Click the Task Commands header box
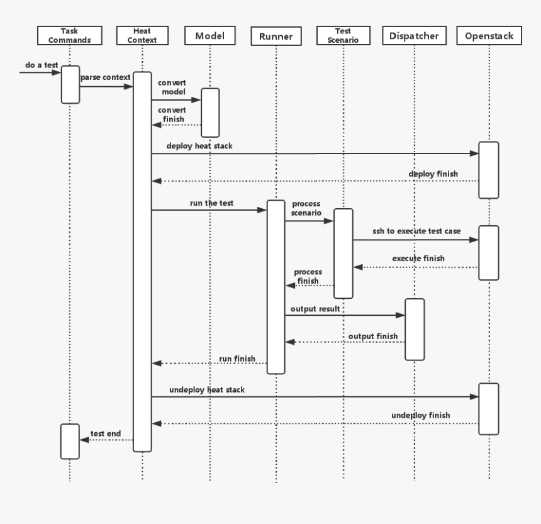coord(70,35)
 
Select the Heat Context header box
coord(142,35)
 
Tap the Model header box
coord(210,35)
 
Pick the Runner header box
coord(276,36)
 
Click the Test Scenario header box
coord(343,35)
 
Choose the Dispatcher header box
coord(415,36)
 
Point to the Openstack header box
coord(489,36)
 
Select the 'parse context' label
coord(105,77)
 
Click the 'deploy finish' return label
coord(433,174)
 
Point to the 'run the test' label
coord(211,203)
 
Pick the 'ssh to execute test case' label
coord(416,231)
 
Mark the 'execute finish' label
coord(418,259)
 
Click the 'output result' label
coord(315,309)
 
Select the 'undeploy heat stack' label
coord(207,390)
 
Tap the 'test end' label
coord(106,433)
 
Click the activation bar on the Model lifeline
coord(210,112)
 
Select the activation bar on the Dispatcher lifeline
coord(415,329)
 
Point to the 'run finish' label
coord(237,359)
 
